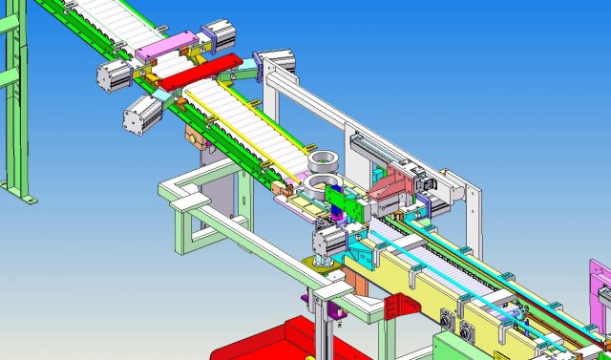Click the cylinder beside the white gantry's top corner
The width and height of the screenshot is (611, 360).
(278, 63)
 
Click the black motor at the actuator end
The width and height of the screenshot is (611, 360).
(427, 181)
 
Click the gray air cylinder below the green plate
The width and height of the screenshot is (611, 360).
(330, 240)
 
